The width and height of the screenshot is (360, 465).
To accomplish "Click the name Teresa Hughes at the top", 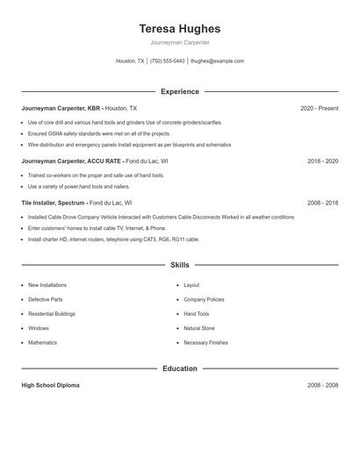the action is click(180, 29).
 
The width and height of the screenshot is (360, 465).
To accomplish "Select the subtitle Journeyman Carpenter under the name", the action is click(180, 42).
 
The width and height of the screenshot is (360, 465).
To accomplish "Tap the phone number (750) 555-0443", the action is click(167, 61).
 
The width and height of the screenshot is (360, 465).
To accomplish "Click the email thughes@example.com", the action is click(217, 61).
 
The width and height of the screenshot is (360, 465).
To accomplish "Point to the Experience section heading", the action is click(180, 91).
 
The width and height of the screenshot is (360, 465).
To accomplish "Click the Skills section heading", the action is click(180, 264).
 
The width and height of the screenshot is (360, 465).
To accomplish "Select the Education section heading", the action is click(180, 368).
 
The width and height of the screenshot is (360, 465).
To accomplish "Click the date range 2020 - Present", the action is click(319, 108).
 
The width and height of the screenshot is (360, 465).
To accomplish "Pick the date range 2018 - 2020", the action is click(322, 161).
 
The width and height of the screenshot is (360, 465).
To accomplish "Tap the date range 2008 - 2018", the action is click(322, 203).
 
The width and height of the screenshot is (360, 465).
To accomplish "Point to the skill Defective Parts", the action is click(46, 299).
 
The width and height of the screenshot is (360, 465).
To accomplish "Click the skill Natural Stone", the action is click(199, 328).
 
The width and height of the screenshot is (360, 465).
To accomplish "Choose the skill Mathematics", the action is click(42, 342).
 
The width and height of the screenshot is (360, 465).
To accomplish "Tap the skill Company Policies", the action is click(204, 299).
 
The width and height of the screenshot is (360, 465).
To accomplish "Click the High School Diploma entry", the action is click(50, 385).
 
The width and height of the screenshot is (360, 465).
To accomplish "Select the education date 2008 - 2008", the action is click(322, 385).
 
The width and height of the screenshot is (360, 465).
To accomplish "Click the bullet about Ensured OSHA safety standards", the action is click(98, 133).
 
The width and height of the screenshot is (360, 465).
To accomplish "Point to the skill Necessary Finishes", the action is click(205, 342).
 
